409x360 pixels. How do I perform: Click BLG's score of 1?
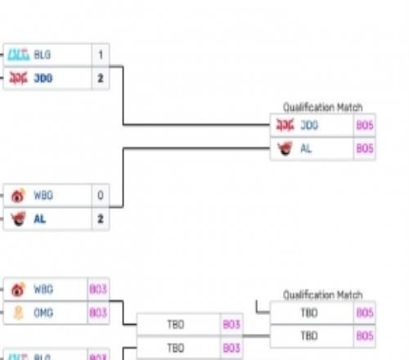[x=100, y=55]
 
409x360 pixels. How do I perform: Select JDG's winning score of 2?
[x=100, y=79]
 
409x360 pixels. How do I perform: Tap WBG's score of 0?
[x=100, y=196]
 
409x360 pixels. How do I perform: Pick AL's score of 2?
[x=100, y=219]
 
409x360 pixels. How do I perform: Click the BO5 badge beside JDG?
[x=365, y=125]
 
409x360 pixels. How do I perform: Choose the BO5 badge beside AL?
[x=365, y=149]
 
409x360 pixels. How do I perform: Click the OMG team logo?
[x=18, y=313]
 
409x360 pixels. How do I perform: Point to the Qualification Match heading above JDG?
[x=322, y=107]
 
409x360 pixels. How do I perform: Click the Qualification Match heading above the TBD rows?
[x=322, y=295]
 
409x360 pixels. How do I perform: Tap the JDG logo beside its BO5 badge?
[x=285, y=125]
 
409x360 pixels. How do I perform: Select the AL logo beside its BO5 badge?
[x=285, y=149]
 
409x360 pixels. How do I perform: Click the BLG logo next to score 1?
[x=18, y=55]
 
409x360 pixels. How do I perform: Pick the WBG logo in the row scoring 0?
[x=18, y=196]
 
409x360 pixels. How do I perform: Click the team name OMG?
[x=43, y=313]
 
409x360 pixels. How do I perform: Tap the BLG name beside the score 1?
[x=42, y=55]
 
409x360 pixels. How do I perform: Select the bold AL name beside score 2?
[x=40, y=219]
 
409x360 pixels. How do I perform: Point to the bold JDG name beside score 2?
[x=43, y=79]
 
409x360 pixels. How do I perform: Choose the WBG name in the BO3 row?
[x=43, y=290]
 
